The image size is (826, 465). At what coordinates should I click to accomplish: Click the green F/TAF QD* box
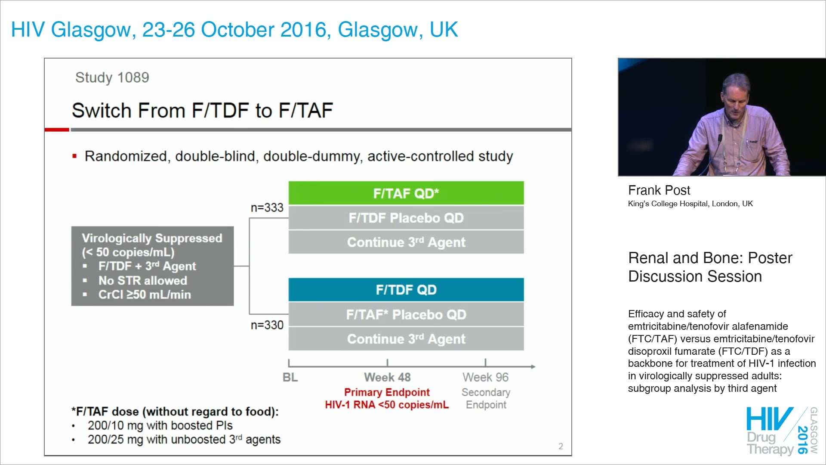pyautogui.click(x=406, y=193)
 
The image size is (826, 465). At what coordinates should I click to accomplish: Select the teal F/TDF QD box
pyautogui.click(x=406, y=290)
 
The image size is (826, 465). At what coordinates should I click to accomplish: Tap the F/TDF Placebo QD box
pyautogui.click(x=406, y=218)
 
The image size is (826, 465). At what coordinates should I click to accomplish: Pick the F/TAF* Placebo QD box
pyautogui.click(x=406, y=315)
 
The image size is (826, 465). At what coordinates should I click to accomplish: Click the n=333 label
pyautogui.click(x=267, y=208)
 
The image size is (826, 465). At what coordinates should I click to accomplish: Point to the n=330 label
pyautogui.click(x=267, y=325)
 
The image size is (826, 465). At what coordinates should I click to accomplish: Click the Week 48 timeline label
pyautogui.click(x=387, y=377)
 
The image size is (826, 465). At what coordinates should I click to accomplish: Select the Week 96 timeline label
pyautogui.click(x=485, y=377)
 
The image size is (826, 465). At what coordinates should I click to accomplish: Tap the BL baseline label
pyautogui.click(x=290, y=377)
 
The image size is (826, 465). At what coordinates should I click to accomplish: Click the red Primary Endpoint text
pyautogui.click(x=387, y=392)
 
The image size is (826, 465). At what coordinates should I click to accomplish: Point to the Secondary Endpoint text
pyautogui.click(x=486, y=398)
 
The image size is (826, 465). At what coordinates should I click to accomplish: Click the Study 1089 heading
pyautogui.click(x=112, y=77)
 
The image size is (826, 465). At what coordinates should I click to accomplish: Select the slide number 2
pyautogui.click(x=561, y=446)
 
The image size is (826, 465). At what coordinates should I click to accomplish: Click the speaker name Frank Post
pyautogui.click(x=659, y=190)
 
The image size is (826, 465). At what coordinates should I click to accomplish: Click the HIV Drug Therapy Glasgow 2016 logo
pyautogui.click(x=781, y=431)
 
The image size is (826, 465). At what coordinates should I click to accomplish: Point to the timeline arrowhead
pyautogui.click(x=533, y=366)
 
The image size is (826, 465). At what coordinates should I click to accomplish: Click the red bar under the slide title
pyautogui.click(x=57, y=129)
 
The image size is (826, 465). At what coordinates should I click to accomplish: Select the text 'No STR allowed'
pyautogui.click(x=142, y=280)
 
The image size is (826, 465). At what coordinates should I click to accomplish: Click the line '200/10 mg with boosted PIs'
pyautogui.click(x=160, y=425)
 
